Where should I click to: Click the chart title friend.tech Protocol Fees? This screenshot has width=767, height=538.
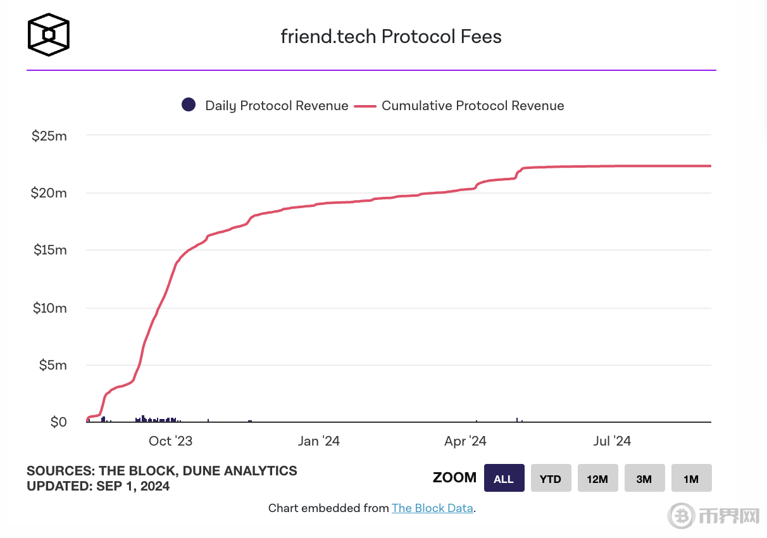click(391, 37)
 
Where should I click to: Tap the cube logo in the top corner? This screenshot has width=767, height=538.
click(48, 34)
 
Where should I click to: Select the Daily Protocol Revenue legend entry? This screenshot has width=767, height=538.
click(265, 106)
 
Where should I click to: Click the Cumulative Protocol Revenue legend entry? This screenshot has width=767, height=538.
click(459, 106)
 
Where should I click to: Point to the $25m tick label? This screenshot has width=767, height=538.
click(49, 135)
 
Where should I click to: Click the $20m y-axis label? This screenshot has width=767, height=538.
click(49, 193)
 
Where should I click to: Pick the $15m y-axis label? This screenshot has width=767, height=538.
click(49, 250)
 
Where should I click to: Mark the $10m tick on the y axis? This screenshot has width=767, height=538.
click(49, 308)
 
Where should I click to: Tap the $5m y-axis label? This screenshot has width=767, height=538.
click(52, 365)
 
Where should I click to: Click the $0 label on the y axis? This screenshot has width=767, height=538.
click(58, 422)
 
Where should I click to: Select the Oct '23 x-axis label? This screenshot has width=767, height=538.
click(170, 441)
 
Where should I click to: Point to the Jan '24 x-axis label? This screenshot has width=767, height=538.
click(318, 441)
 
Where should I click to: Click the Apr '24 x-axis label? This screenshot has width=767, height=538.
click(465, 441)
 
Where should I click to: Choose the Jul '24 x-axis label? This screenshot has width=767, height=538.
click(612, 441)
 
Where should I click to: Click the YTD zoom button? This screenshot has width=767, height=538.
click(551, 479)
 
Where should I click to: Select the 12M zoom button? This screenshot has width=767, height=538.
click(597, 479)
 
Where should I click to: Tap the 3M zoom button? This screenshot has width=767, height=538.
click(644, 479)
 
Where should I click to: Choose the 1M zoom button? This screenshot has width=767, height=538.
click(691, 479)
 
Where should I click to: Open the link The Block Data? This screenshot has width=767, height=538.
click(432, 508)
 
